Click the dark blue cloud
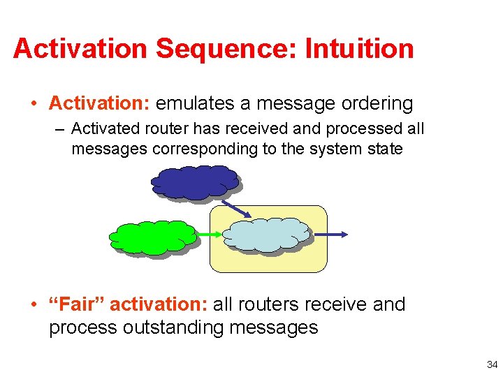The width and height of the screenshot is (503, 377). click(194, 183)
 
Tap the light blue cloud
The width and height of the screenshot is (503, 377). click(265, 234)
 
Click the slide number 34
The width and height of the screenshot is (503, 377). click(492, 364)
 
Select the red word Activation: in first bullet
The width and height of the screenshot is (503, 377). click(99, 104)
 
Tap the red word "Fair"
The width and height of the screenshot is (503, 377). click(76, 304)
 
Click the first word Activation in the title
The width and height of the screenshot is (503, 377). click(80, 49)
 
